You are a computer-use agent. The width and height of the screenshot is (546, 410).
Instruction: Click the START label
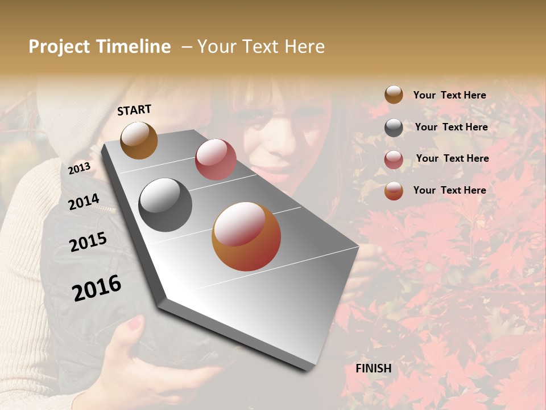coord(134,110)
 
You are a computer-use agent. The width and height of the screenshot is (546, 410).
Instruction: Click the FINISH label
coord(373,368)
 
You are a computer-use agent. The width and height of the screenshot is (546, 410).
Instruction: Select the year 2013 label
coord(79,169)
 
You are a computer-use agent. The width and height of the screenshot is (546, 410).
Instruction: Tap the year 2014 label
coord(84,202)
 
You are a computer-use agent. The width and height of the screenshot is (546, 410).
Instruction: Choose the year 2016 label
coord(97,288)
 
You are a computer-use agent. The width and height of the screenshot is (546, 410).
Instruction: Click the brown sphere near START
coord(139,140)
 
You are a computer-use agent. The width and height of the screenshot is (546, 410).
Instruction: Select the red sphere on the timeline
coord(216,159)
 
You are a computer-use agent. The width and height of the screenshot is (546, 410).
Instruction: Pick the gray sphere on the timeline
coord(165,205)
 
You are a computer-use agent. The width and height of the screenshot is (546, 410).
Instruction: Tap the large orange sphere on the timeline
coord(246,236)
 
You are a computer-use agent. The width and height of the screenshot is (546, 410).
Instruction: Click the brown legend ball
coord(394,95)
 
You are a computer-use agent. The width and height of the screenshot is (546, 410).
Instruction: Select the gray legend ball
coord(394,128)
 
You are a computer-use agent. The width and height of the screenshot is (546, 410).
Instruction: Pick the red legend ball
coord(394,159)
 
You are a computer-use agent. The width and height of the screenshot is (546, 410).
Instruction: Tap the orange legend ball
coord(394,191)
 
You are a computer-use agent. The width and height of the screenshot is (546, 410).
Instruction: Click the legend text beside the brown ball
coord(449,95)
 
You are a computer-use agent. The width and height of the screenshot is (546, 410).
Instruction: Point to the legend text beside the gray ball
coord(451,127)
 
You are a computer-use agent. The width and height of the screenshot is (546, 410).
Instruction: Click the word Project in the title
coord(60,47)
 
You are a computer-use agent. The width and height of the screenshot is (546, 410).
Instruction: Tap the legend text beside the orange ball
coord(449,190)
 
